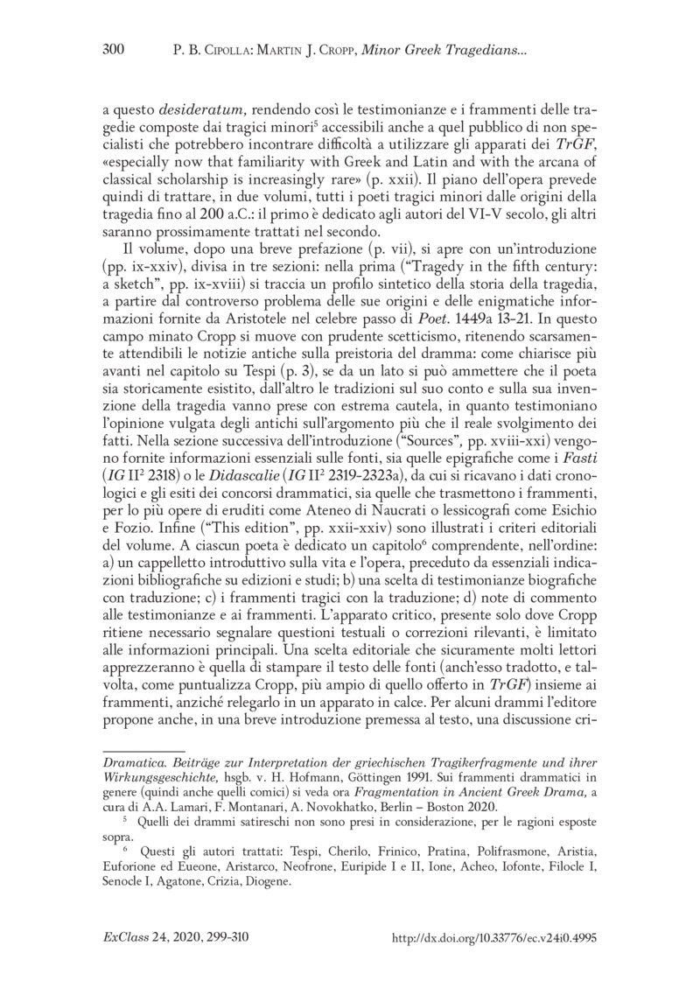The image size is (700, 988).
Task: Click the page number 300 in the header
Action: click(115, 50)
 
